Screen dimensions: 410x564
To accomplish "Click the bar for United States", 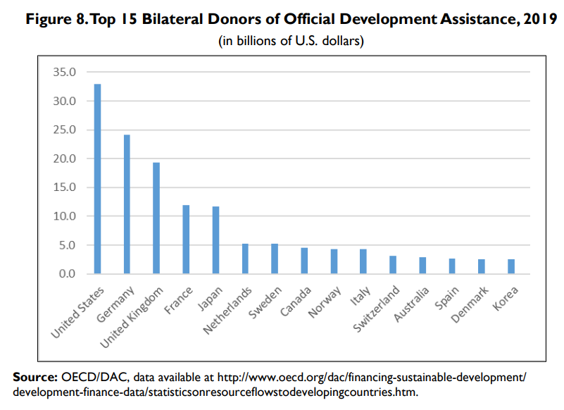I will point(98,179).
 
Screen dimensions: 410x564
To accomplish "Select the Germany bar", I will point(127,204).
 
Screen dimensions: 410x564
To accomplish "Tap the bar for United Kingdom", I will point(156,218).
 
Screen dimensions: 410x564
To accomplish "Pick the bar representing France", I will point(186,240).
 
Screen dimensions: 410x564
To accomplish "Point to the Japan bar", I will point(215,240).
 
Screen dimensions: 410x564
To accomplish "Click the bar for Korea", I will point(510,266).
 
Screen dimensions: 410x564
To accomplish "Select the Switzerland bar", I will point(392,265).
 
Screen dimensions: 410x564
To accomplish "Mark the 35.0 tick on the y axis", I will point(64,72).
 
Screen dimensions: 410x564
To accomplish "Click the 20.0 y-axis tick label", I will point(64,159).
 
